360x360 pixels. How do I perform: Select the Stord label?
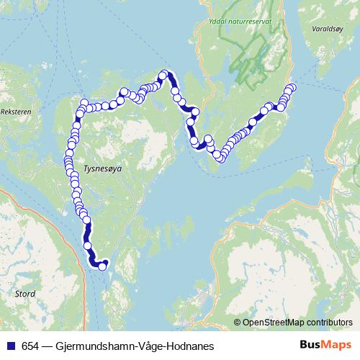pos(24,294)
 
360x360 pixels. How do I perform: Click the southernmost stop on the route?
pos(102,266)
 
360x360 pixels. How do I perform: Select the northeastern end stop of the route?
pos(292,88)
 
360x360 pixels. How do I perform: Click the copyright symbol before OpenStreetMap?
pos(238,323)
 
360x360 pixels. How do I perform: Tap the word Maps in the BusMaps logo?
pos(336,346)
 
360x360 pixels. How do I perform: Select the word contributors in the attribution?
pos(329,323)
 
